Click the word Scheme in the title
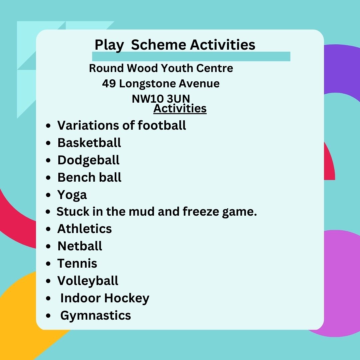click(158, 44)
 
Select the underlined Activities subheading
click(180, 108)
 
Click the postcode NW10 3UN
click(161, 99)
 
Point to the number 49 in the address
click(109, 84)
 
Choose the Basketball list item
click(89, 143)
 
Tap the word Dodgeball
click(88, 160)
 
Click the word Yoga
click(72, 195)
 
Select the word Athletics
click(84, 229)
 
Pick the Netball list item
click(80, 246)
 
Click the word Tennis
click(77, 263)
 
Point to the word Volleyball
click(88, 281)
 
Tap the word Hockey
click(127, 298)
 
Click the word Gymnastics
click(96, 316)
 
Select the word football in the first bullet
click(162, 125)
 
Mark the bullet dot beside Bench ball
click(48, 177)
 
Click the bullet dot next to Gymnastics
click(48, 316)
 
